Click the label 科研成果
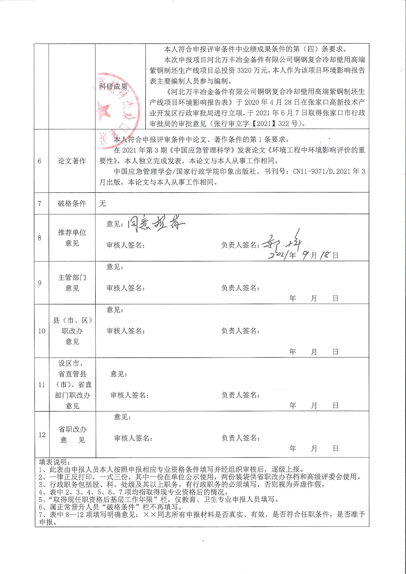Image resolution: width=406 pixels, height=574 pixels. [x=113, y=87]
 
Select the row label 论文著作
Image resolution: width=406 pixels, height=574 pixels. [x=72, y=161]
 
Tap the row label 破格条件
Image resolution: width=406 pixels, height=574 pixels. [x=72, y=203]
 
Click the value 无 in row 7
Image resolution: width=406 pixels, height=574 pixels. [x=103, y=204]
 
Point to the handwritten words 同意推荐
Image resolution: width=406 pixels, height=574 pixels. [x=156, y=223]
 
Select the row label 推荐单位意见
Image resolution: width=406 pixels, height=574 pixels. [x=72, y=237]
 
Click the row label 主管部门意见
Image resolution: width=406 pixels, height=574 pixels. [x=72, y=283]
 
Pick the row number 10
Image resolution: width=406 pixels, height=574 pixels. [x=41, y=331]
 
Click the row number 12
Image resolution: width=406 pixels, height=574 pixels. [x=42, y=435]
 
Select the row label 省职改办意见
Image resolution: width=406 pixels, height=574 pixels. [x=73, y=434]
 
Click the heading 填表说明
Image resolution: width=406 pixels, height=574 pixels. [x=55, y=462]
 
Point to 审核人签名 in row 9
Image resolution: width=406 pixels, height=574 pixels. [x=126, y=288]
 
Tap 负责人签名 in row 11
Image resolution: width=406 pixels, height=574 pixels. [x=240, y=395]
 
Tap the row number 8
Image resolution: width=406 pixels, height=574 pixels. [x=40, y=238]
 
